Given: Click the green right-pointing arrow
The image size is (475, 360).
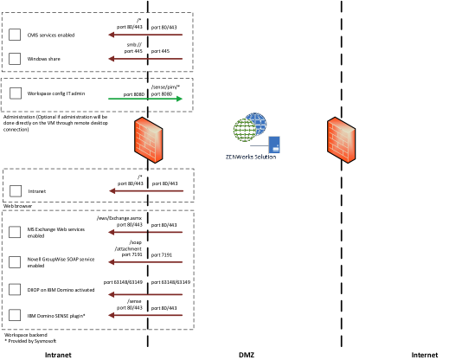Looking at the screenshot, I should [144, 99].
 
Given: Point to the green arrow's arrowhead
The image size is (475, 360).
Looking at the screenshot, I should [179, 99].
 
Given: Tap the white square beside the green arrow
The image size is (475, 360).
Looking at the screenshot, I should [16, 93].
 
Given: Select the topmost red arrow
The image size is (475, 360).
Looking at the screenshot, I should [144, 35].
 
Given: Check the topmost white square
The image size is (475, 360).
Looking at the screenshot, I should [15, 35].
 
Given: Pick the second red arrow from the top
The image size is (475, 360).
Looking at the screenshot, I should [144, 59].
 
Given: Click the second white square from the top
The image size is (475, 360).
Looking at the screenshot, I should [15, 59].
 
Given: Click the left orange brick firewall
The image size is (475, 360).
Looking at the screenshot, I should [148, 139].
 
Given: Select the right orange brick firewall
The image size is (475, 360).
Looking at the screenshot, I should [341, 139].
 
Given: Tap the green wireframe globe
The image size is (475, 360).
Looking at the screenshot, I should [244, 131].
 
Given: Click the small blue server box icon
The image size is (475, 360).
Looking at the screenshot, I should [274, 145].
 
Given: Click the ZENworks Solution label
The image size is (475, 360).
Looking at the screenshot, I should [251, 157].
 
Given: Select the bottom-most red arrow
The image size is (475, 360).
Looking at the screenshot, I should [144, 315].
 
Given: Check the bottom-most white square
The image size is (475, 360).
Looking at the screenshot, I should [15, 315].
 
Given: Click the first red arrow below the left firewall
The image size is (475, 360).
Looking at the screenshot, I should [145, 190].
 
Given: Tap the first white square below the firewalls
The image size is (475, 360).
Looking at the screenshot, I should [16, 190].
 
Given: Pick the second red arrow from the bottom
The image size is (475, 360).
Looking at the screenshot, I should [144, 294].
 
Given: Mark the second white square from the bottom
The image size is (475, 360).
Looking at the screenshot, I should [15, 289].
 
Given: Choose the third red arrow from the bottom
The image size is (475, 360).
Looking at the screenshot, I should [144, 261].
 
